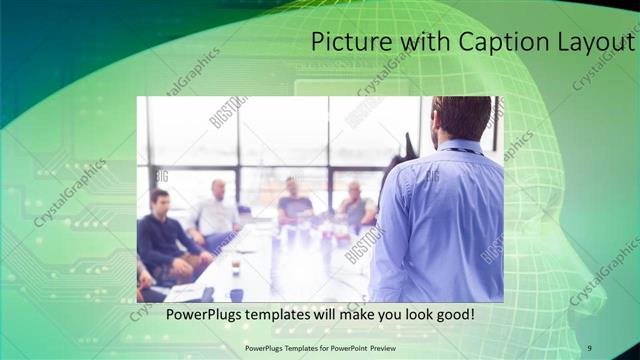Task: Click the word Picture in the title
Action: (x=348, y=43)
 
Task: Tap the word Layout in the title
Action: (x=594, y=43)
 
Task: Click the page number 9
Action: (x=589, y=347)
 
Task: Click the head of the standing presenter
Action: (x=462, y=118)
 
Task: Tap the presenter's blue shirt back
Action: (x=440, y=220)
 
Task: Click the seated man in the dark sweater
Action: (x=160, y=235)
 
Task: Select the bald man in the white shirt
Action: (x=216, y=212)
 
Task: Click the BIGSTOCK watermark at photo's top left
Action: (x=227, y=112)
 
